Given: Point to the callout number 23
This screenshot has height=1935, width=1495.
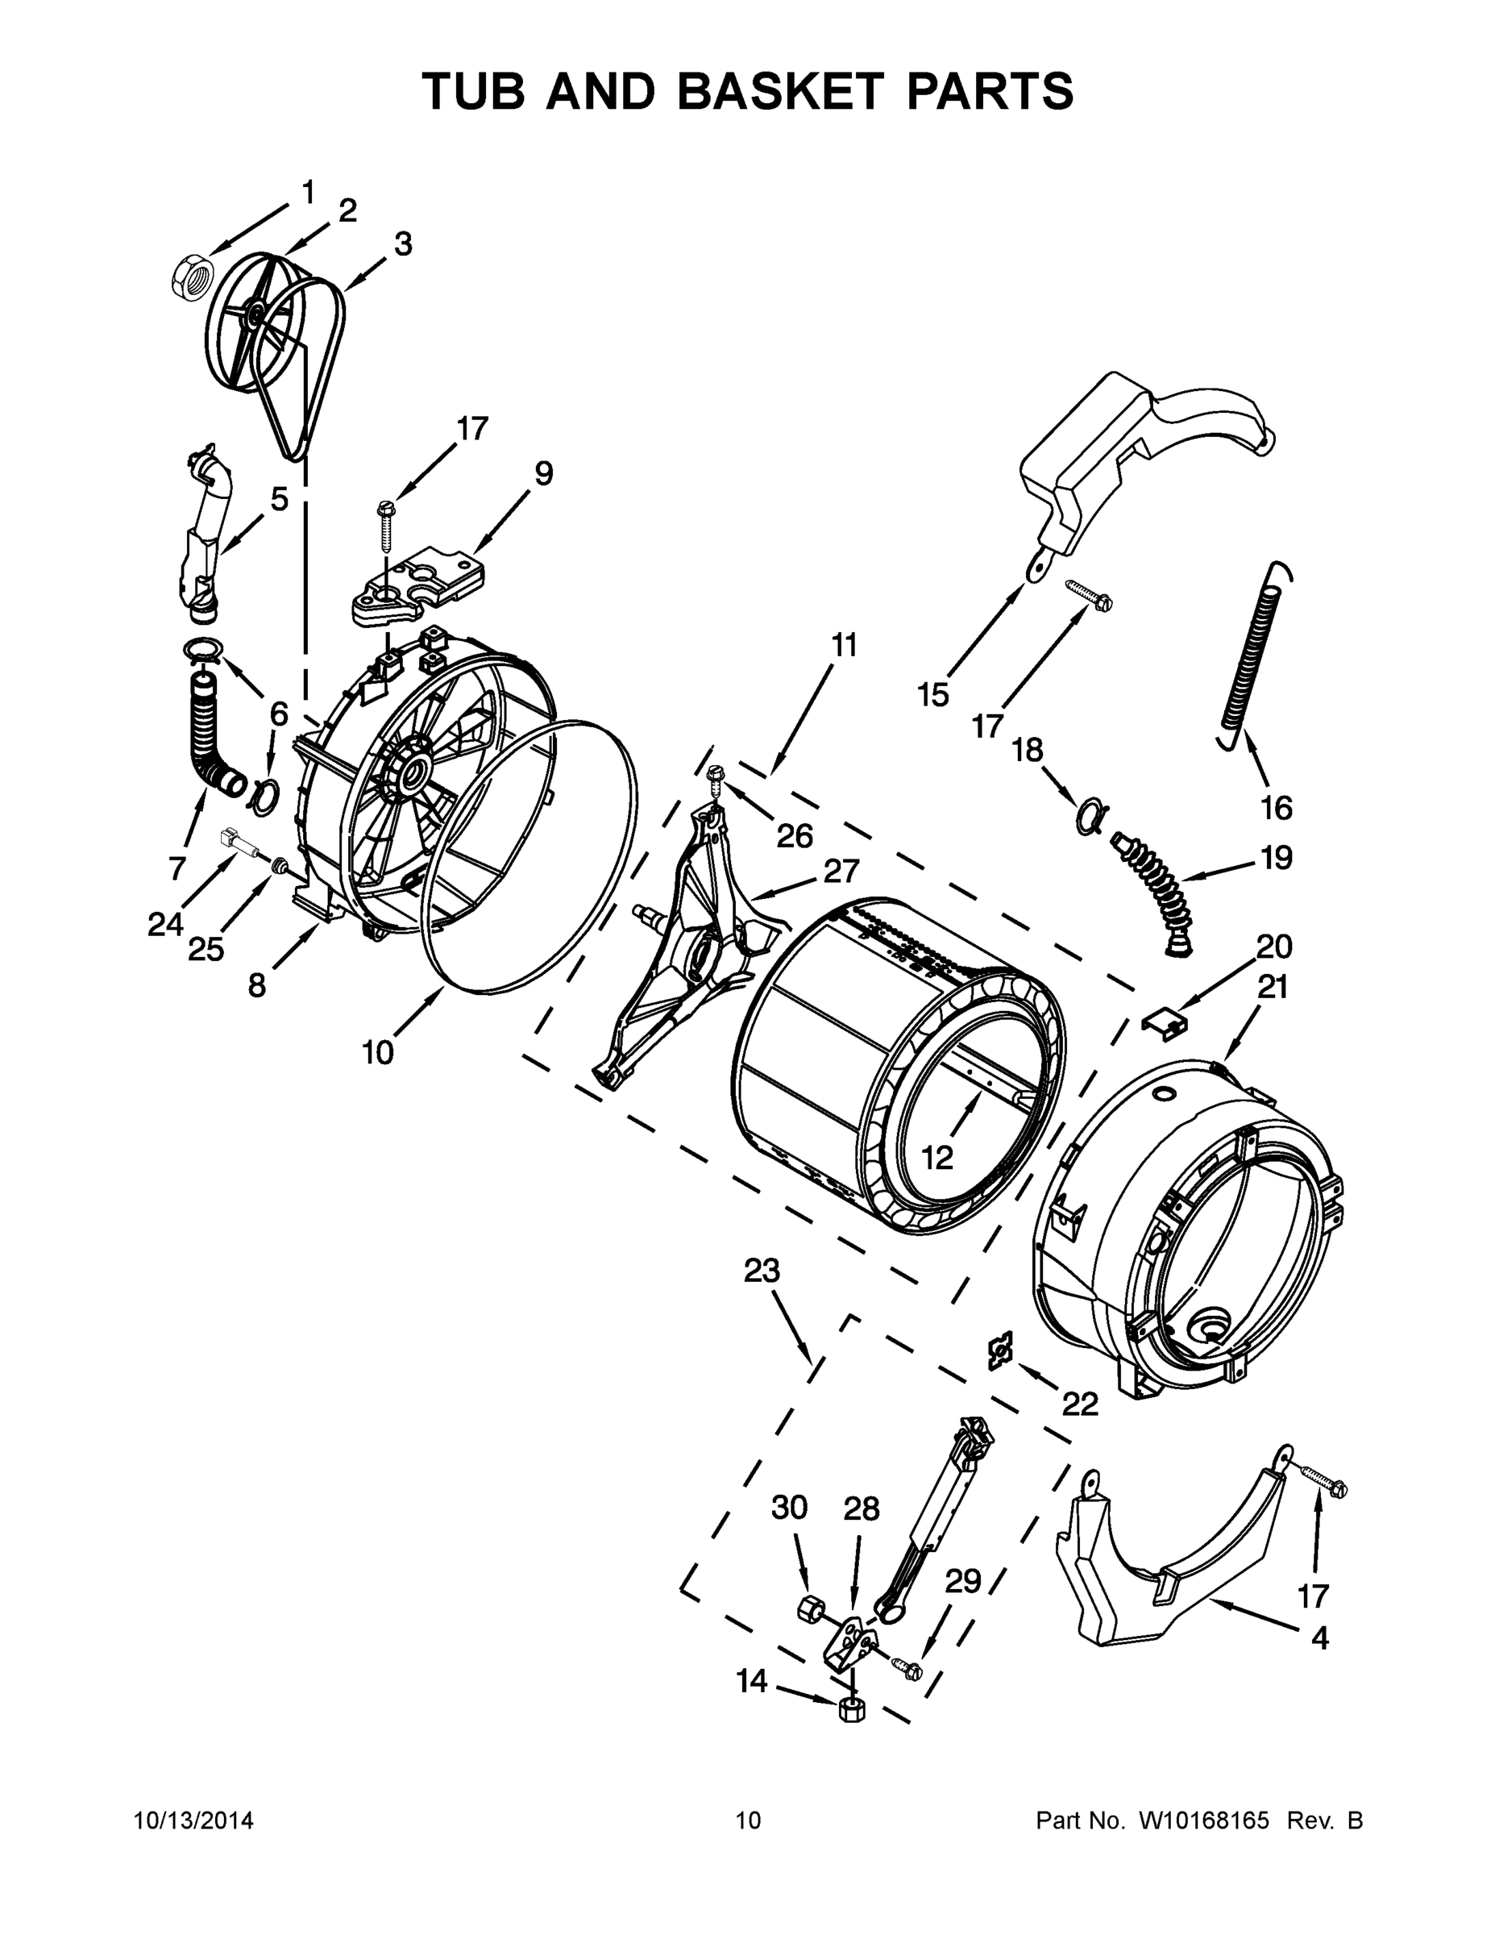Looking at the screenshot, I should coord(761,1271).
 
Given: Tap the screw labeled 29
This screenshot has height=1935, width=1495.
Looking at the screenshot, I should coord(909,1669).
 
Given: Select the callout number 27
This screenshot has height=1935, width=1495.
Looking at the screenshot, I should coord(841,872).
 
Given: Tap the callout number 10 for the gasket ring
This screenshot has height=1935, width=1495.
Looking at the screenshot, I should coord(377,1052).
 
